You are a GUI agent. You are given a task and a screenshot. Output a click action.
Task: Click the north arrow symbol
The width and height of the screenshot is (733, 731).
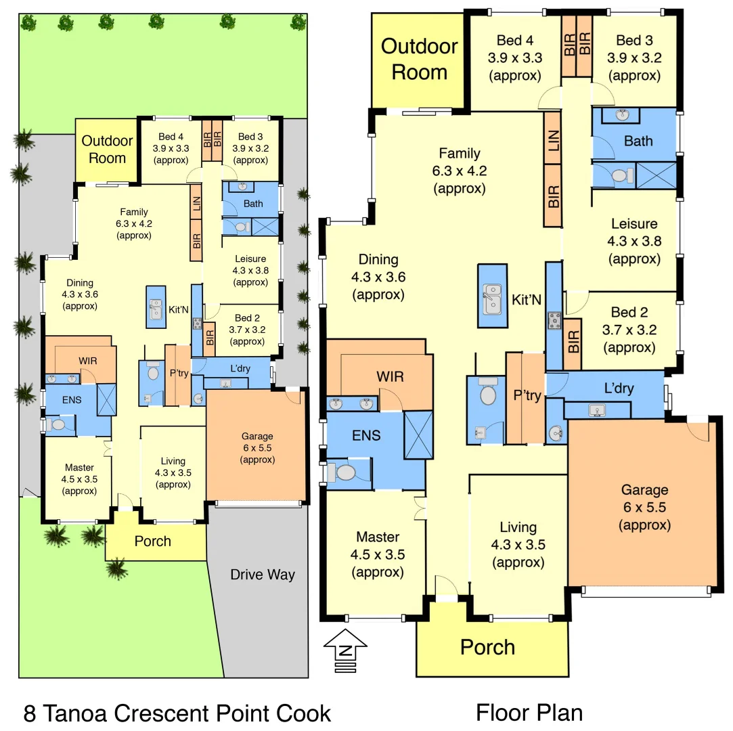[x=346, y=650]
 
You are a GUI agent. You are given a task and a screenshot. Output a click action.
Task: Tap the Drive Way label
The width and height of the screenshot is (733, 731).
[x=263, y=575]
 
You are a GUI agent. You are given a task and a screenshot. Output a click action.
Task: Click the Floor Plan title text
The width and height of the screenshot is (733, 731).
[x=529, y=712]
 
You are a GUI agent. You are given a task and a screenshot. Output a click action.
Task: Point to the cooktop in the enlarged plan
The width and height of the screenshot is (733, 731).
[x=554, y=320]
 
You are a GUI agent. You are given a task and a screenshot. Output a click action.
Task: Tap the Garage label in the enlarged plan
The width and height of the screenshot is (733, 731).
[x=644, y=490]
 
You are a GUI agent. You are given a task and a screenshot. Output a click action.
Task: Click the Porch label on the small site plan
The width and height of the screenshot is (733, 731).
[x=152, y=541]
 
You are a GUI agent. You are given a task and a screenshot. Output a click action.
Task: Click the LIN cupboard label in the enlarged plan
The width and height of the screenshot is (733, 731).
[x=554, y=143]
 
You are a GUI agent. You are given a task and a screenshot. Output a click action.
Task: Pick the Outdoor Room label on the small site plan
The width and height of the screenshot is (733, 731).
[x=104, y=150]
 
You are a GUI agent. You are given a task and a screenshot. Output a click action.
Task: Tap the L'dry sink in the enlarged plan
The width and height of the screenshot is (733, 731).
[x=596, y=409]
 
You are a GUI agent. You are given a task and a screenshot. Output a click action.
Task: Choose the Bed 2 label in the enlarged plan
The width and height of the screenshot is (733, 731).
[x=629, y=313]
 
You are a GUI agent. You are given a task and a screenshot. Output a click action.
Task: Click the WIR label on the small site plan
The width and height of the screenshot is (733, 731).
[x=86, y=360]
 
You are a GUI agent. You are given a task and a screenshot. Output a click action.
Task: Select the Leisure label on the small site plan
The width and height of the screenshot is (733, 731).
[x=250, y=259]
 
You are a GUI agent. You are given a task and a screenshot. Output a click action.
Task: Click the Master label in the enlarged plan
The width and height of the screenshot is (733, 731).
[x=377, y=537]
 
